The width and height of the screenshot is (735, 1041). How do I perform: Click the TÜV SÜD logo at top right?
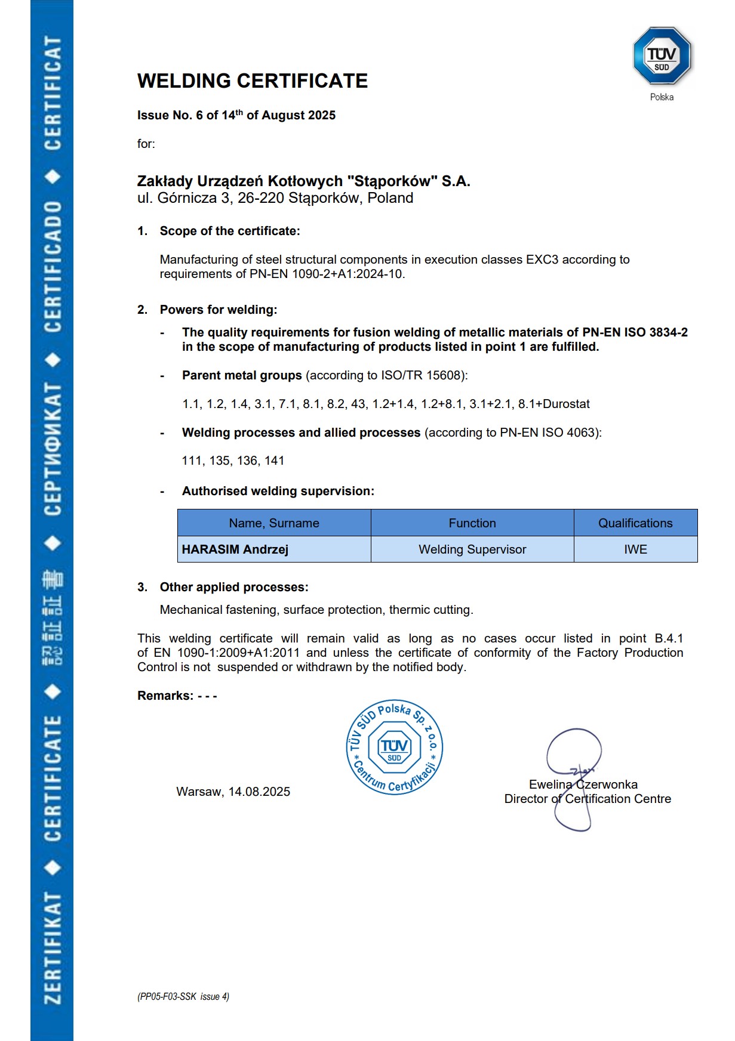point(662,56)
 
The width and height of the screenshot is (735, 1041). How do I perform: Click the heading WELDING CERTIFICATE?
point(252,81)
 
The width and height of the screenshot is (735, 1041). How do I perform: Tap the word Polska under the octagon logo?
point(662,97)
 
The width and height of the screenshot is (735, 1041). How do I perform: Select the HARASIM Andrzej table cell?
point(235,549)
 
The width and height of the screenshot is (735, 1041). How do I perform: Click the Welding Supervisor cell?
point(472,549)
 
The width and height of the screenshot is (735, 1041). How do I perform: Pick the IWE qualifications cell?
point(635,549)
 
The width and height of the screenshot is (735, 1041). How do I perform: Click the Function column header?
point(472,523)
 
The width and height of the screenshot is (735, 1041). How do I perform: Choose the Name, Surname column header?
point(274,523)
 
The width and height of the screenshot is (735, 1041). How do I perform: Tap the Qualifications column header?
point(635,523)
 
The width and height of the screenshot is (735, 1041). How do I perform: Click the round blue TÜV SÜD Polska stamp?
point(395,747)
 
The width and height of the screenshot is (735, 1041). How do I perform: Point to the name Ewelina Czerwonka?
point(583,784)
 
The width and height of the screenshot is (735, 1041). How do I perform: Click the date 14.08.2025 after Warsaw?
point(259,792)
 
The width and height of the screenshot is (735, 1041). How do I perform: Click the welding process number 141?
point(275,461)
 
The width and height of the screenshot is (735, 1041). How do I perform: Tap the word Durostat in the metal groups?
point(566,404)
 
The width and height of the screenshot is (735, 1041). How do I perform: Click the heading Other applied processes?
point(234,587)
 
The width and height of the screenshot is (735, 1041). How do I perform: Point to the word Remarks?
point(165,696)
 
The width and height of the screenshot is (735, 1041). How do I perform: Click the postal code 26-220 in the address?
point(261,198)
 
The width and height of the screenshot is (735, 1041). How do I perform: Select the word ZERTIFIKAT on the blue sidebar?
point(53,948)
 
